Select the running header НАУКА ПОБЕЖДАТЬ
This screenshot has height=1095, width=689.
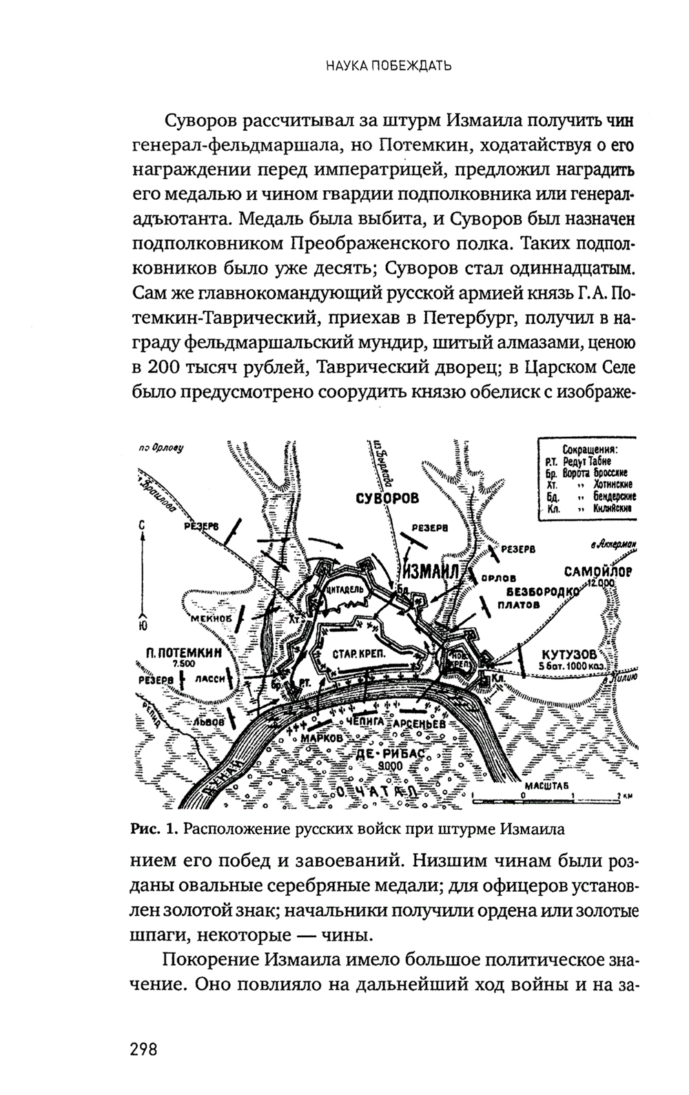click(x=389, y=67)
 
